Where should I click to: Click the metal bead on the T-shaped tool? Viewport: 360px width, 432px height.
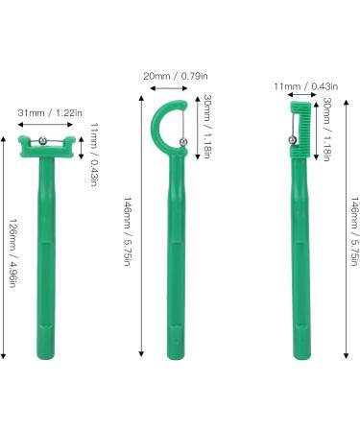tap(43, 142)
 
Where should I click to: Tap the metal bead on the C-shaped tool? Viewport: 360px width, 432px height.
tap(183, 144)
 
